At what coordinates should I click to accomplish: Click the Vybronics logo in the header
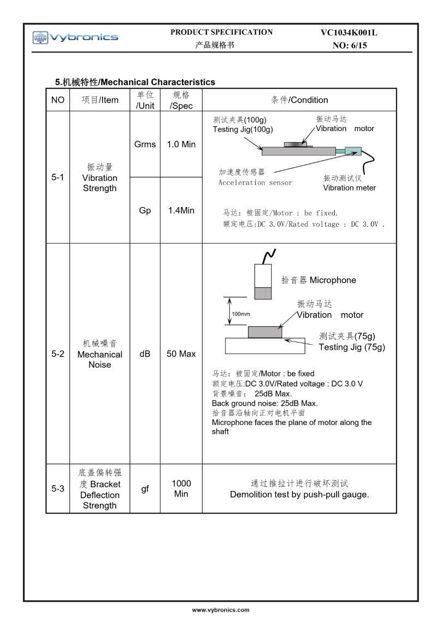coord(75,37)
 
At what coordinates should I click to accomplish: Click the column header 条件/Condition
coord(299,100)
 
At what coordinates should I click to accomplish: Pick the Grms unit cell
coord(145,145)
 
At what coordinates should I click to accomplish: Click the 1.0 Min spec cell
coord(181,145)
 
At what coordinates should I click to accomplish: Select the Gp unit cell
coord(145,210)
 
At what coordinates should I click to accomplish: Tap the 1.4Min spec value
coord(181,210)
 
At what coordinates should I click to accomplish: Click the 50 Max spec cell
coord(181,354)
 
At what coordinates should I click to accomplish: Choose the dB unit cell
coord(145,354)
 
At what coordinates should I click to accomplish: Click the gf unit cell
coord(145,489)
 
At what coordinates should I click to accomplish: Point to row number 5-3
coord(58,489)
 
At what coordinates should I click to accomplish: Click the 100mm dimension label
coord(241,314)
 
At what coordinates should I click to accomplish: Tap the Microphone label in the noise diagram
coord(332,280)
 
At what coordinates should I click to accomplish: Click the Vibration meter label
coord(349,188)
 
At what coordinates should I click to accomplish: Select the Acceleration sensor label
coord(255,182)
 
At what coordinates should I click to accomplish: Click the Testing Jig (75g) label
coord(352,347)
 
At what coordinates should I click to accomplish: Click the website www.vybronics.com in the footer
coord(221,609)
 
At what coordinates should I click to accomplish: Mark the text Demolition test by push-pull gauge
coord(299,495)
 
